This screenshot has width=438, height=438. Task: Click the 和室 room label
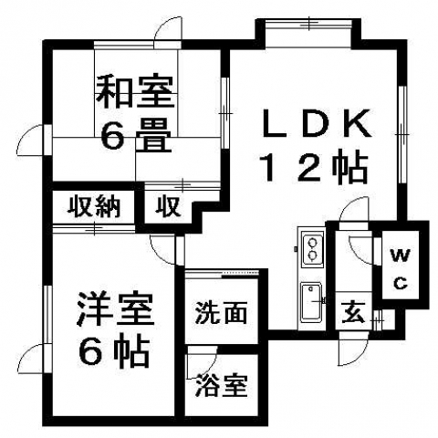(135, 92)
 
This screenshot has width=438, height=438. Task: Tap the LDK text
(317, 123)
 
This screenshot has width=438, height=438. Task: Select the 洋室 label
(116, 309)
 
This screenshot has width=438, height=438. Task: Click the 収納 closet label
(94, 207)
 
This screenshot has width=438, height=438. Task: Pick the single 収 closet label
(167, 207)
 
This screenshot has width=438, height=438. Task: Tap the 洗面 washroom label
(221, 313)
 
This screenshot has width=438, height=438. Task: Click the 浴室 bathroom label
(221, 385)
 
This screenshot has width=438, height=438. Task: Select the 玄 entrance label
(353, 313)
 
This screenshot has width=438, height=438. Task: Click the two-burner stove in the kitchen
(312, 249)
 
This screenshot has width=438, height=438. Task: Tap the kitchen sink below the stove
(311, 302)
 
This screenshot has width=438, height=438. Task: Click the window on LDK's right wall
(402, 134)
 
